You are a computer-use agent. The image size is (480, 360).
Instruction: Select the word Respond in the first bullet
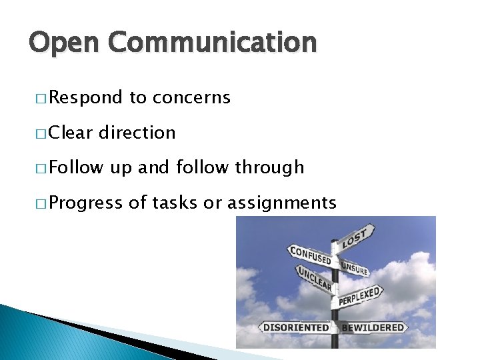click(x=85, y=99)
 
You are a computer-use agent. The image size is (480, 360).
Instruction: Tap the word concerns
click(x=191, y=98)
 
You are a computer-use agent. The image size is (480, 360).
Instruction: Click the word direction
click(x=137, y=133)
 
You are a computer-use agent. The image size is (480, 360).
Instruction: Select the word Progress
click(x=85, y=203)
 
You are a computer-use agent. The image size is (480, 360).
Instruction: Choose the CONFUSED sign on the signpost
click(x=310, y=255)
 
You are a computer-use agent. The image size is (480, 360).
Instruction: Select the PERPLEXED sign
click(x=361, y=295)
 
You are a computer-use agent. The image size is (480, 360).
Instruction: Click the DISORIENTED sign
click(x=295, y=327)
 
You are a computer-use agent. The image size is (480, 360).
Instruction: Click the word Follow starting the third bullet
click(x=75, y=167)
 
